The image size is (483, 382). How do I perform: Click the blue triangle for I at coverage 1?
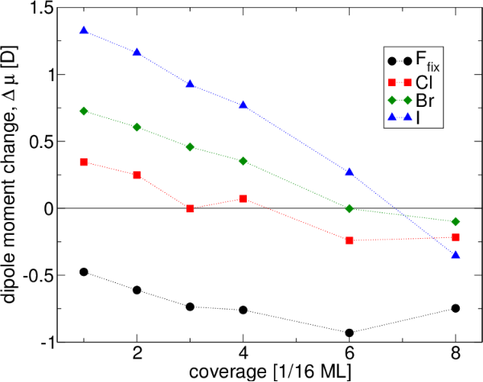pos(84,31)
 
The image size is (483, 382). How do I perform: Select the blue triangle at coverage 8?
pos(456,255)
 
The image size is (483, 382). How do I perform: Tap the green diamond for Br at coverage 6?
pos(350,208)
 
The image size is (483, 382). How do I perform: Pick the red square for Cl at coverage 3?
pos(190,208)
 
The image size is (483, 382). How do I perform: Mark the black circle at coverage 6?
pos(350,333)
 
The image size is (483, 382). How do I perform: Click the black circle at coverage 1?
pos(84,272)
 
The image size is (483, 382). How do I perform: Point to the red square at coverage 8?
pos(456,237)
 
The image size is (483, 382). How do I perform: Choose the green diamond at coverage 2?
pos(137,127)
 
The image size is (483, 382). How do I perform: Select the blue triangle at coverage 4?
pos(243,105)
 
